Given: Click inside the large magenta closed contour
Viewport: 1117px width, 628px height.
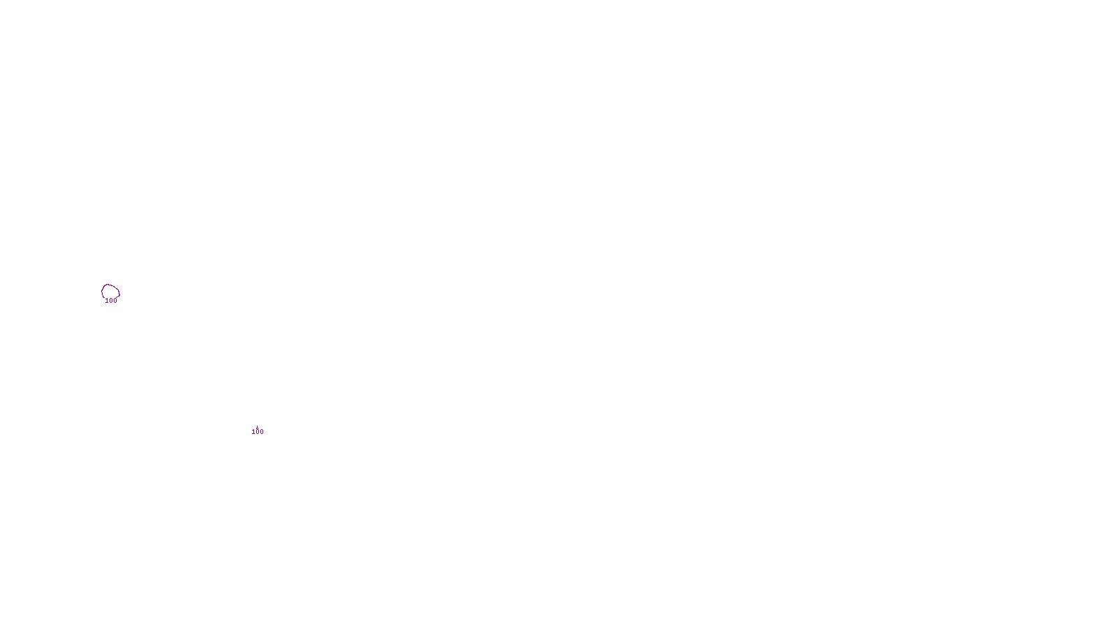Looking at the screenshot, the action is click(110, 291).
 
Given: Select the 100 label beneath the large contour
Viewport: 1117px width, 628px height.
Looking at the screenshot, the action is click(111, 301).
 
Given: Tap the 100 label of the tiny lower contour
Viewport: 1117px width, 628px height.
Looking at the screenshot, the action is click(258, 432).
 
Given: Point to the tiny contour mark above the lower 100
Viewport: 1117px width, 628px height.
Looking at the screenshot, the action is click(258, 426).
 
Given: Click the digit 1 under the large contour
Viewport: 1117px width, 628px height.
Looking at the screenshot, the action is click(107, 301).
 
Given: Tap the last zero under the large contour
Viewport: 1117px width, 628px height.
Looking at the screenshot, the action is click(115, 301).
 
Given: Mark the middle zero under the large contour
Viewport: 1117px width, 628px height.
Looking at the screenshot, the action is click(111, 301).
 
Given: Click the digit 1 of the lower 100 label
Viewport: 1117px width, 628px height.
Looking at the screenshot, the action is click(253, 432).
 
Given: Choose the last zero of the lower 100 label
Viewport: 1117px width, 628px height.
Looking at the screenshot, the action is click(262, 432).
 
